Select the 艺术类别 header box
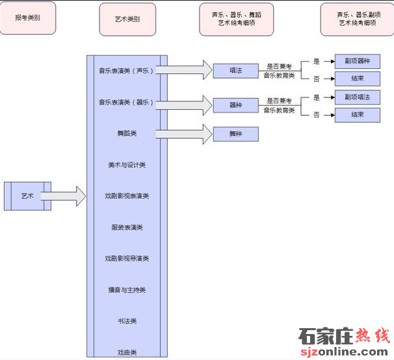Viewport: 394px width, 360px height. click(127, 19)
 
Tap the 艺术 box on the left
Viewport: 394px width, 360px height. click(27, 196)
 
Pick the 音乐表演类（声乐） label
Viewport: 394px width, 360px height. click(127, 70)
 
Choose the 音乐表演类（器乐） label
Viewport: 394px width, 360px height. click(127, 102)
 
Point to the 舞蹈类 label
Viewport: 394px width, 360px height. click(127, 134)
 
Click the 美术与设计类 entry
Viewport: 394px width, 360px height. click(127, 164)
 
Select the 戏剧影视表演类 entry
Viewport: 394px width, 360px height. click(127, 196)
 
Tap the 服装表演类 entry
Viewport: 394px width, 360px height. click(127, 227)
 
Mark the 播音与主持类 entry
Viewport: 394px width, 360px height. click(127, 290)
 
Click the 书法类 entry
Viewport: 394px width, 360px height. click(127, 321)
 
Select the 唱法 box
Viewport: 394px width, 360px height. click(235, 70)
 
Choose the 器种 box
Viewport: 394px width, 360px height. click(235, 104)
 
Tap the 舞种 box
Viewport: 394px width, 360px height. click(235, 134)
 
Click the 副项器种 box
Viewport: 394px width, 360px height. click(357, 62)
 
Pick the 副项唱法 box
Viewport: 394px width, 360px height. click(357, 97)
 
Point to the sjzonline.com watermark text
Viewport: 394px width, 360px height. click(345, 352)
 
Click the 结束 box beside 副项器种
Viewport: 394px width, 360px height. click(357, 79)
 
